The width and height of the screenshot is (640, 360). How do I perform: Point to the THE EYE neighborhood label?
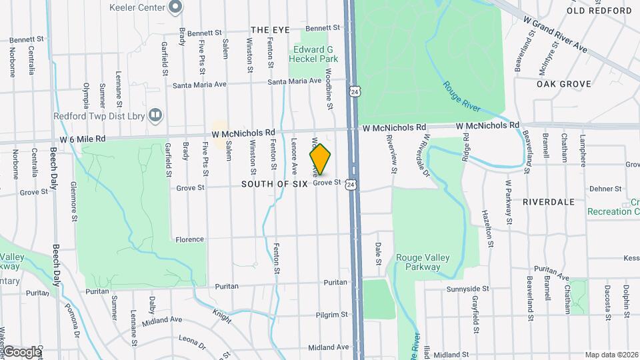point(271,30)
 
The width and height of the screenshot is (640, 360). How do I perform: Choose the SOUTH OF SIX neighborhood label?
point(271,183)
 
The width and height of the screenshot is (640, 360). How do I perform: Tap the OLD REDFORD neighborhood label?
point(599,11)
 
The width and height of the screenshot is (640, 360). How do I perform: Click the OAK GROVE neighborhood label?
point(564,84)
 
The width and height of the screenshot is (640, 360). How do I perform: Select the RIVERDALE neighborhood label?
point(549,201)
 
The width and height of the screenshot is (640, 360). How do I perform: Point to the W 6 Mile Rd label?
point(82,139)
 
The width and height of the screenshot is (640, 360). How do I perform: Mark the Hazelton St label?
point(489,229)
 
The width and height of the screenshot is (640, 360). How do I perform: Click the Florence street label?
point(189,239)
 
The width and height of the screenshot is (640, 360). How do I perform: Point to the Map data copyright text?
point(611,355)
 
